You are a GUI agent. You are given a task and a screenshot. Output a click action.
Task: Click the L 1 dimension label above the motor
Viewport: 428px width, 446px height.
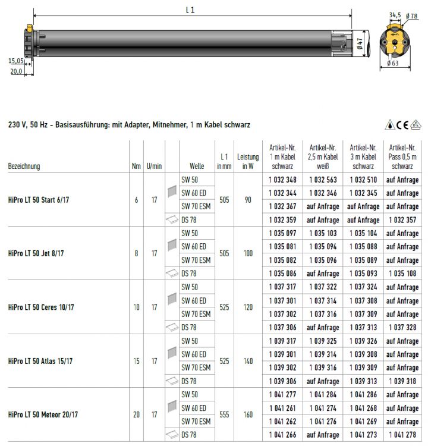[x=191, y=10]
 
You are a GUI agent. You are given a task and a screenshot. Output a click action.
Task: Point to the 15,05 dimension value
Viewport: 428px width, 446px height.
[x=16, y=61]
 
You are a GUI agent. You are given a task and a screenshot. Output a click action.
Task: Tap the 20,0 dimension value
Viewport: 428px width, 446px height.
[x=16, y=71]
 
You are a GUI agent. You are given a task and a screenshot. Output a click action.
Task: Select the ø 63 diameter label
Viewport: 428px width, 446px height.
[x=393, y=63]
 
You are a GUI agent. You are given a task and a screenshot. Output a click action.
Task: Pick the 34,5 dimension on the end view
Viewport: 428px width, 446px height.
[x=395, y=15]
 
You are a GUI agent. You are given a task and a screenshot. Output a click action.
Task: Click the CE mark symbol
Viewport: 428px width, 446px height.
[x=402, y=124]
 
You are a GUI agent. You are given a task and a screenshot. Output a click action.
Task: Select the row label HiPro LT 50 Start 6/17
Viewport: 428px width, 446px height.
[x=43, y=200]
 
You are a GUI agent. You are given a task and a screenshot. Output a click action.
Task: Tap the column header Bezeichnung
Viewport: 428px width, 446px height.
[x=24, y=167]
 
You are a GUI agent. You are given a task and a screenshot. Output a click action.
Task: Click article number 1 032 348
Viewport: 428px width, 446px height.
[x=282, y=180]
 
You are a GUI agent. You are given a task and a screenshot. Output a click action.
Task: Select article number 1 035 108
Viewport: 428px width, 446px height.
[x=402, y=274]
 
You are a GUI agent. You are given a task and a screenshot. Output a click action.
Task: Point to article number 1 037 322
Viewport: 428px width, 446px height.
[x=323, y=287]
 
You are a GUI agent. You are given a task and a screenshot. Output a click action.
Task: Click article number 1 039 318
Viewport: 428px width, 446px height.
[x=402, y=381]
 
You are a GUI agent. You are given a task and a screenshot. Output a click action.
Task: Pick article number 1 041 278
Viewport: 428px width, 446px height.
[x=402, y=435]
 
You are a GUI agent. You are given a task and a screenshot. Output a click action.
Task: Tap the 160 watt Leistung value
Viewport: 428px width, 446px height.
[x=248, y=414]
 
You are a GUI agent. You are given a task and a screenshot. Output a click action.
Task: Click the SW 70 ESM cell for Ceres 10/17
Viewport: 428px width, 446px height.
[x=196, y=314]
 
